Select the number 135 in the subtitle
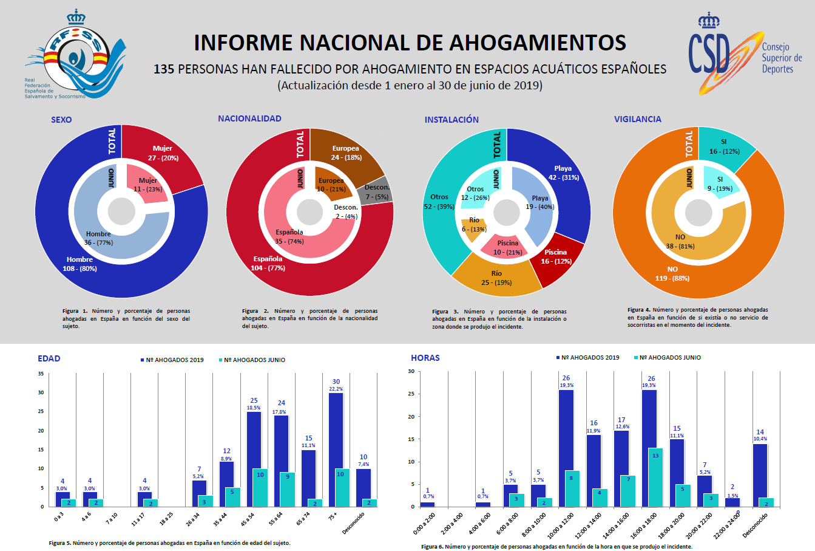(x=164, y=69)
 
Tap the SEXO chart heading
(x=61, y=120)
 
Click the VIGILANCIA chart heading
(x=637, y=119)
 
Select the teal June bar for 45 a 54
(x=260, y=487)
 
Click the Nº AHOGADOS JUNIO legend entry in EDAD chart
(x=251, y=360)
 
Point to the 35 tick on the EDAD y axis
(x=41, y=374)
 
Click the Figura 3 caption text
(x=499, y=319)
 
